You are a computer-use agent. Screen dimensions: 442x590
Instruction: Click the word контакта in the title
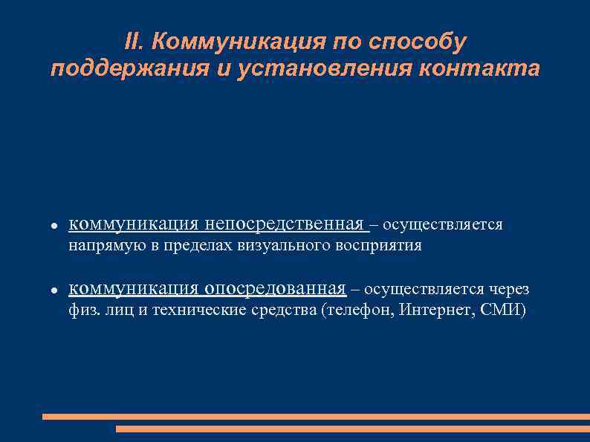479,70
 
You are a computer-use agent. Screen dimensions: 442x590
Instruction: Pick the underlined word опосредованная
275,288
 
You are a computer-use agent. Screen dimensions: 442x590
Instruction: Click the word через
509,288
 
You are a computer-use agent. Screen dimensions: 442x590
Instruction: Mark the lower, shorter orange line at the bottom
352,429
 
